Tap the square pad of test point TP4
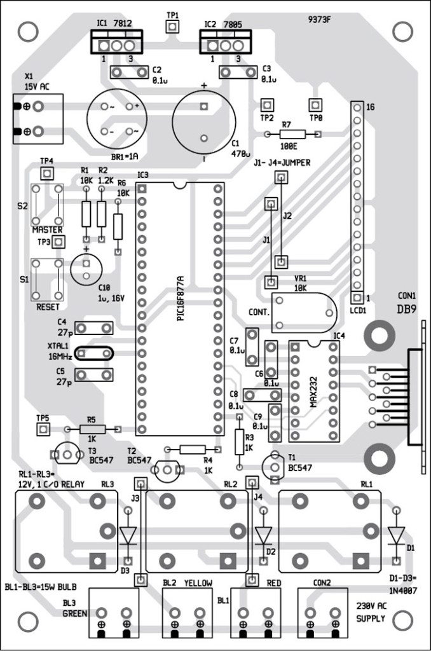point(46,174)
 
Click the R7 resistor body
point(292,134)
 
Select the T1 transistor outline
point(276,465)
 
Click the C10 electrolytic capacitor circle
point(86,268)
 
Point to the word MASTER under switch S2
point(48,229)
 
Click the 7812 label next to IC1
point(123,24)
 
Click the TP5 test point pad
point(43,430)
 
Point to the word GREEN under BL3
point(74,613)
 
